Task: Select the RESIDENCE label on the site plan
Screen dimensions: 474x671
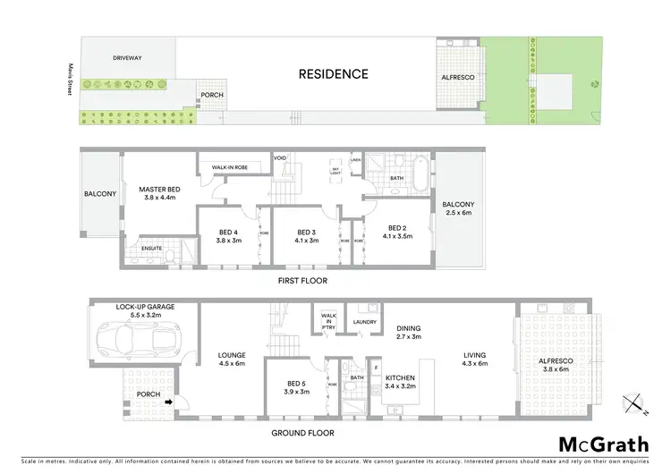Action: click(x=333, y=74)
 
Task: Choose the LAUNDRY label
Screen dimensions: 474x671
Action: click(x=365, y=322)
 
